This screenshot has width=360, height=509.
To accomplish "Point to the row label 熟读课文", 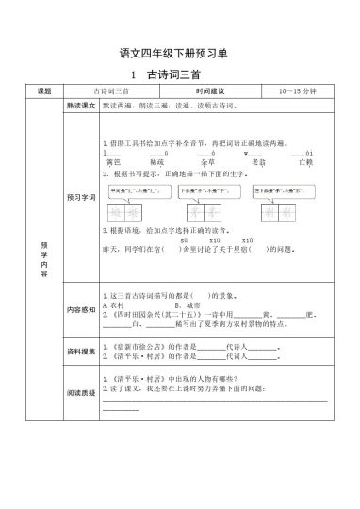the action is pyautogui.click(x=79, y=108).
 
